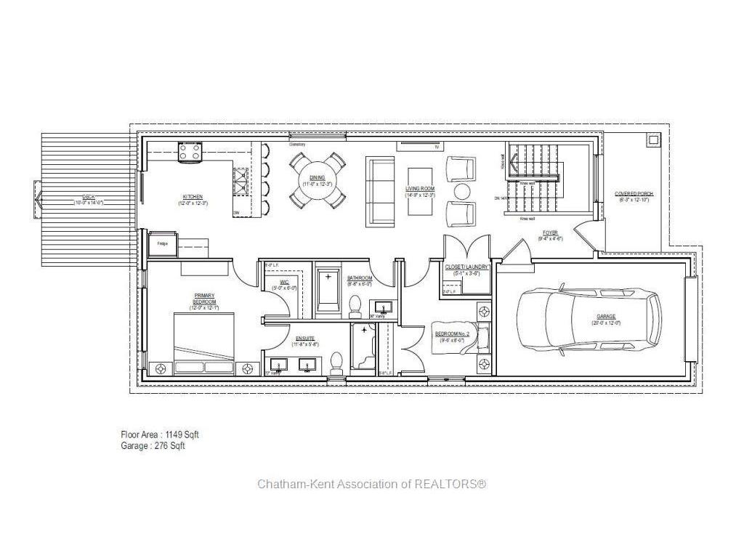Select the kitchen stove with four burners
pos(190,152)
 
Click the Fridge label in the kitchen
pos(162,243)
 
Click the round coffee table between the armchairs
pos(462,191)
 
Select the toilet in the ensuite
pos(336,361)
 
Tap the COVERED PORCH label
pos(634,194)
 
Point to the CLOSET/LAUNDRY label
pos(466,267)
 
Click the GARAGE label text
pos(606,316)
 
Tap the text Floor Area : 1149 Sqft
pos(159,434)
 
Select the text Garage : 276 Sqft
pos(153,446)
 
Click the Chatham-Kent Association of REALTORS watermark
pos(371,484)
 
